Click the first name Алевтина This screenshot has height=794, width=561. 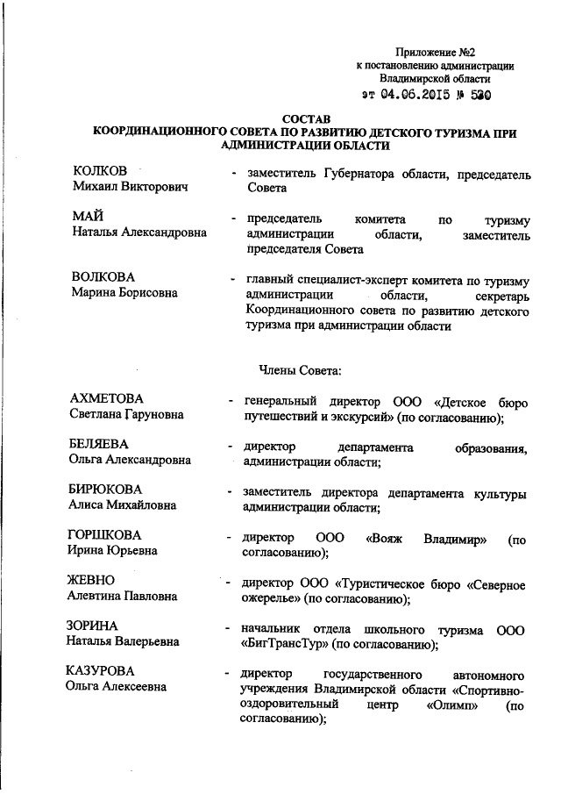99,597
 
